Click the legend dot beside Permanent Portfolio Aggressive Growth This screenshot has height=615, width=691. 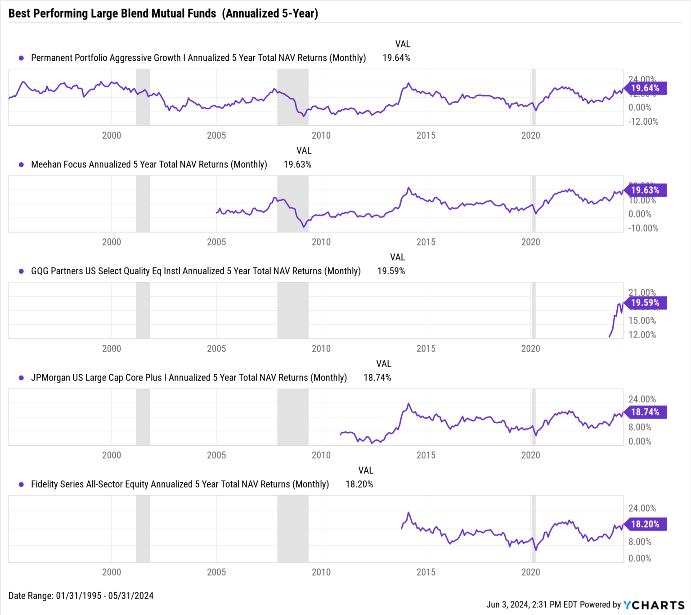pyautogui.click(x=21, y=58)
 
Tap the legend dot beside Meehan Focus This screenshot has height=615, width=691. pyautogui.click(x=21, y=165)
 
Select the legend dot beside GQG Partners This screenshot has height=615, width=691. pyautogui.click(x=21, y=271)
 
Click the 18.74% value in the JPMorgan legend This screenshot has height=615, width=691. pyautogui.click(x=377, y=378)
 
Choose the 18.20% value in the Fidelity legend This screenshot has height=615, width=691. pyautogui.click(x=359, y=484)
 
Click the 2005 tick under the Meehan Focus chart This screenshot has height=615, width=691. pyautogui.click(x=216, y=242)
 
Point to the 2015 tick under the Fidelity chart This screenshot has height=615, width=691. pyautogui.click(x=426, y=572)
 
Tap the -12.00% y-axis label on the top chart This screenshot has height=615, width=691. pyautogui.click(x=643, y=122)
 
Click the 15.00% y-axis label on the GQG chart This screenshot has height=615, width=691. pyautogui.click(x=642, y=321)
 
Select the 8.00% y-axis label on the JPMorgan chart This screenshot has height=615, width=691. pyautogui.click(x=640, y=427)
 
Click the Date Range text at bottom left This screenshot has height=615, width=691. pyautogui.click(x=81, y=596)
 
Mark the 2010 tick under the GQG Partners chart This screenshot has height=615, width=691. pyautogui.click(x=321, y=348)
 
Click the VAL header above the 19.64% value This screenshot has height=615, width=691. pyautogui.click(x=403, y=44)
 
